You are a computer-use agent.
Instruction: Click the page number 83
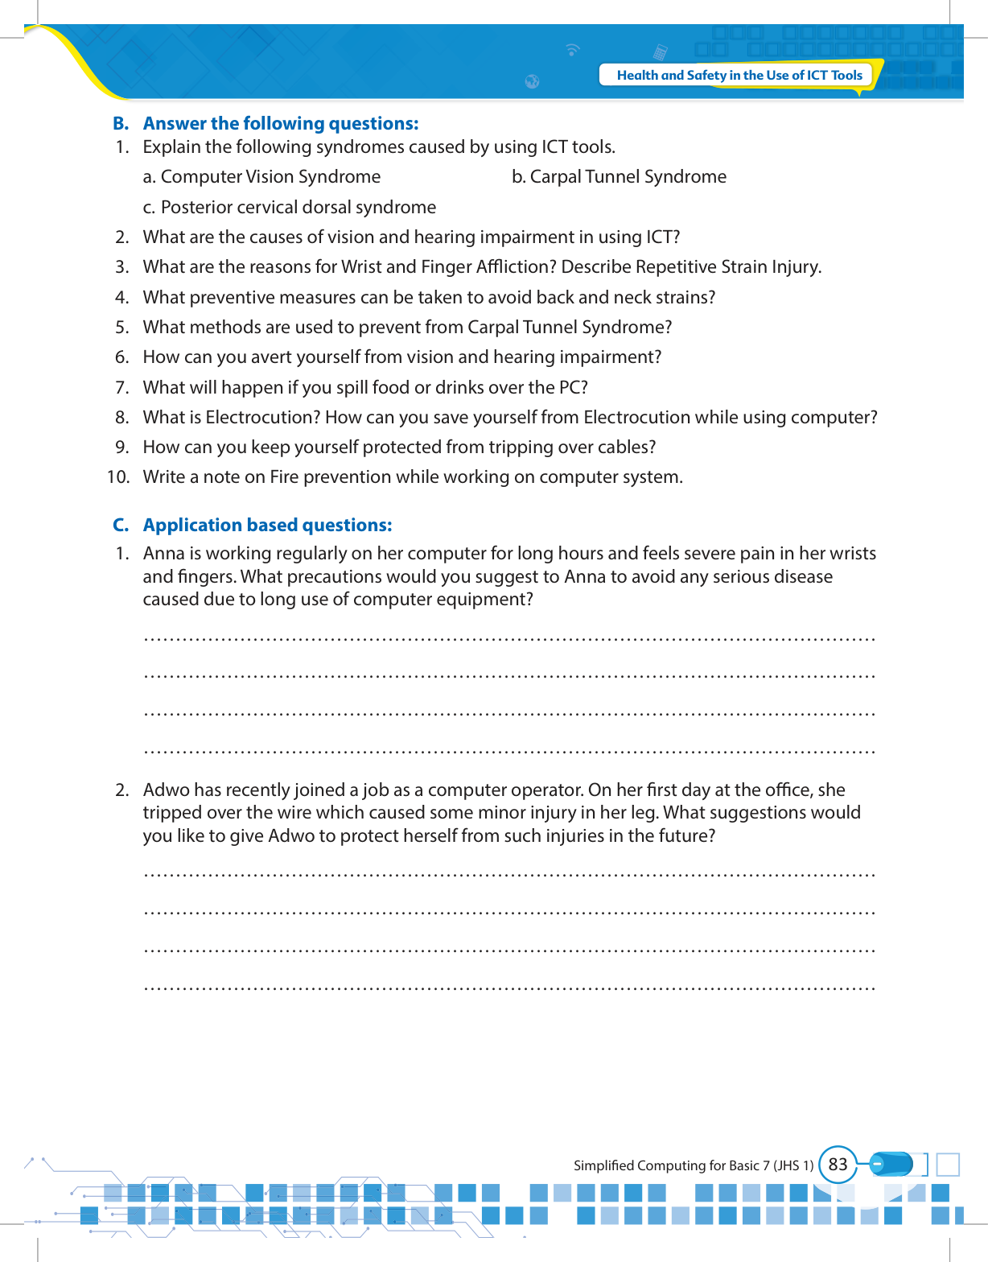(x=838, y=1165)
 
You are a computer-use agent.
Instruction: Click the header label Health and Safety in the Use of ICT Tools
(x=739, y=75)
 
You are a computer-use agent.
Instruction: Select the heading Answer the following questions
(x=281, y=123)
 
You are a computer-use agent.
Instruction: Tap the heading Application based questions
(x=267, y=525)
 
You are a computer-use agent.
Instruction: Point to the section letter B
(x=121, y=123)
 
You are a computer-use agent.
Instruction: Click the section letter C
(x=121, y=525)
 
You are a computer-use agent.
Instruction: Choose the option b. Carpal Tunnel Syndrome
(x=619, y=176)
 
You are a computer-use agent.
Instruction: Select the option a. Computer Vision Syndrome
(x=261, y=176)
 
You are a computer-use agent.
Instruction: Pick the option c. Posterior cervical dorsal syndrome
(x=290, y=207)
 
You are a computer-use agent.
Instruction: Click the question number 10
(x=118, y=476)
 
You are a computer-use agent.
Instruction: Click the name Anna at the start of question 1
(x=163, y=553)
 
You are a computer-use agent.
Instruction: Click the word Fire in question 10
(x=284, y=476)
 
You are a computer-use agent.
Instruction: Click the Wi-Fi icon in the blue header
(x=572, y=50)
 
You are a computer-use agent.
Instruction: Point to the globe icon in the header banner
(x=532, y=81)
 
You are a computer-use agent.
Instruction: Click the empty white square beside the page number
(x=949, y=1165)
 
